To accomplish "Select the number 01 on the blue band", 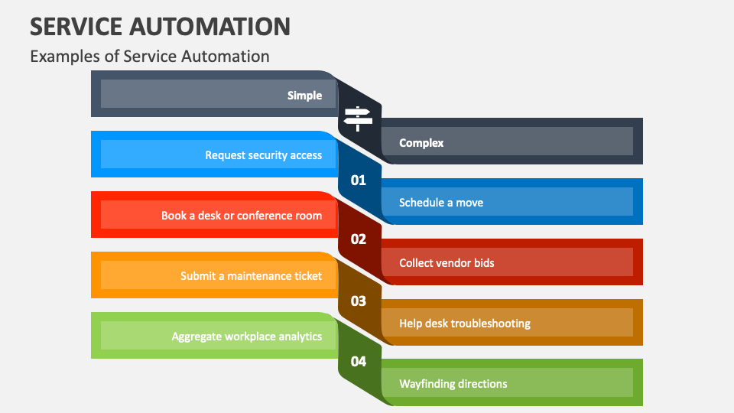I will pyautogui.click(x=359, y=180).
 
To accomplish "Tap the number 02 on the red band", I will pyautogui.click(x=359, y=239).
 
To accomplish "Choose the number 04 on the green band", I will pyautogui.click(x=359, y=362).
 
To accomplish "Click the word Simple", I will pyautogui.click(x=304, y=96).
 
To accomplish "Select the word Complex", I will pyautogui.click(x=421, y=142).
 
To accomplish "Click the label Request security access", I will pyautogui.click(x=263, y=155).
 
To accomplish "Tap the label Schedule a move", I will pyautogui.click(x=441, y=203).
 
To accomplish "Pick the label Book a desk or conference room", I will pyautogui.click(x=242, y=216).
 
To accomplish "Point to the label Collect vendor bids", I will pyautogui.click(x=447, y=263).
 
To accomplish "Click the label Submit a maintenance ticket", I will pyautogui.click(x=251, y=276).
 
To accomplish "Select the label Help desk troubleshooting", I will pyautogui.click(x=464, y=324).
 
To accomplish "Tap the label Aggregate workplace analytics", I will pyautogui.click(x=246, y=337).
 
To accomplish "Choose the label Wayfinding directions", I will pyautogui.click(x=453, y=384).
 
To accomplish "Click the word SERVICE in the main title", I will pyautogui.click(x=73, y=27).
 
